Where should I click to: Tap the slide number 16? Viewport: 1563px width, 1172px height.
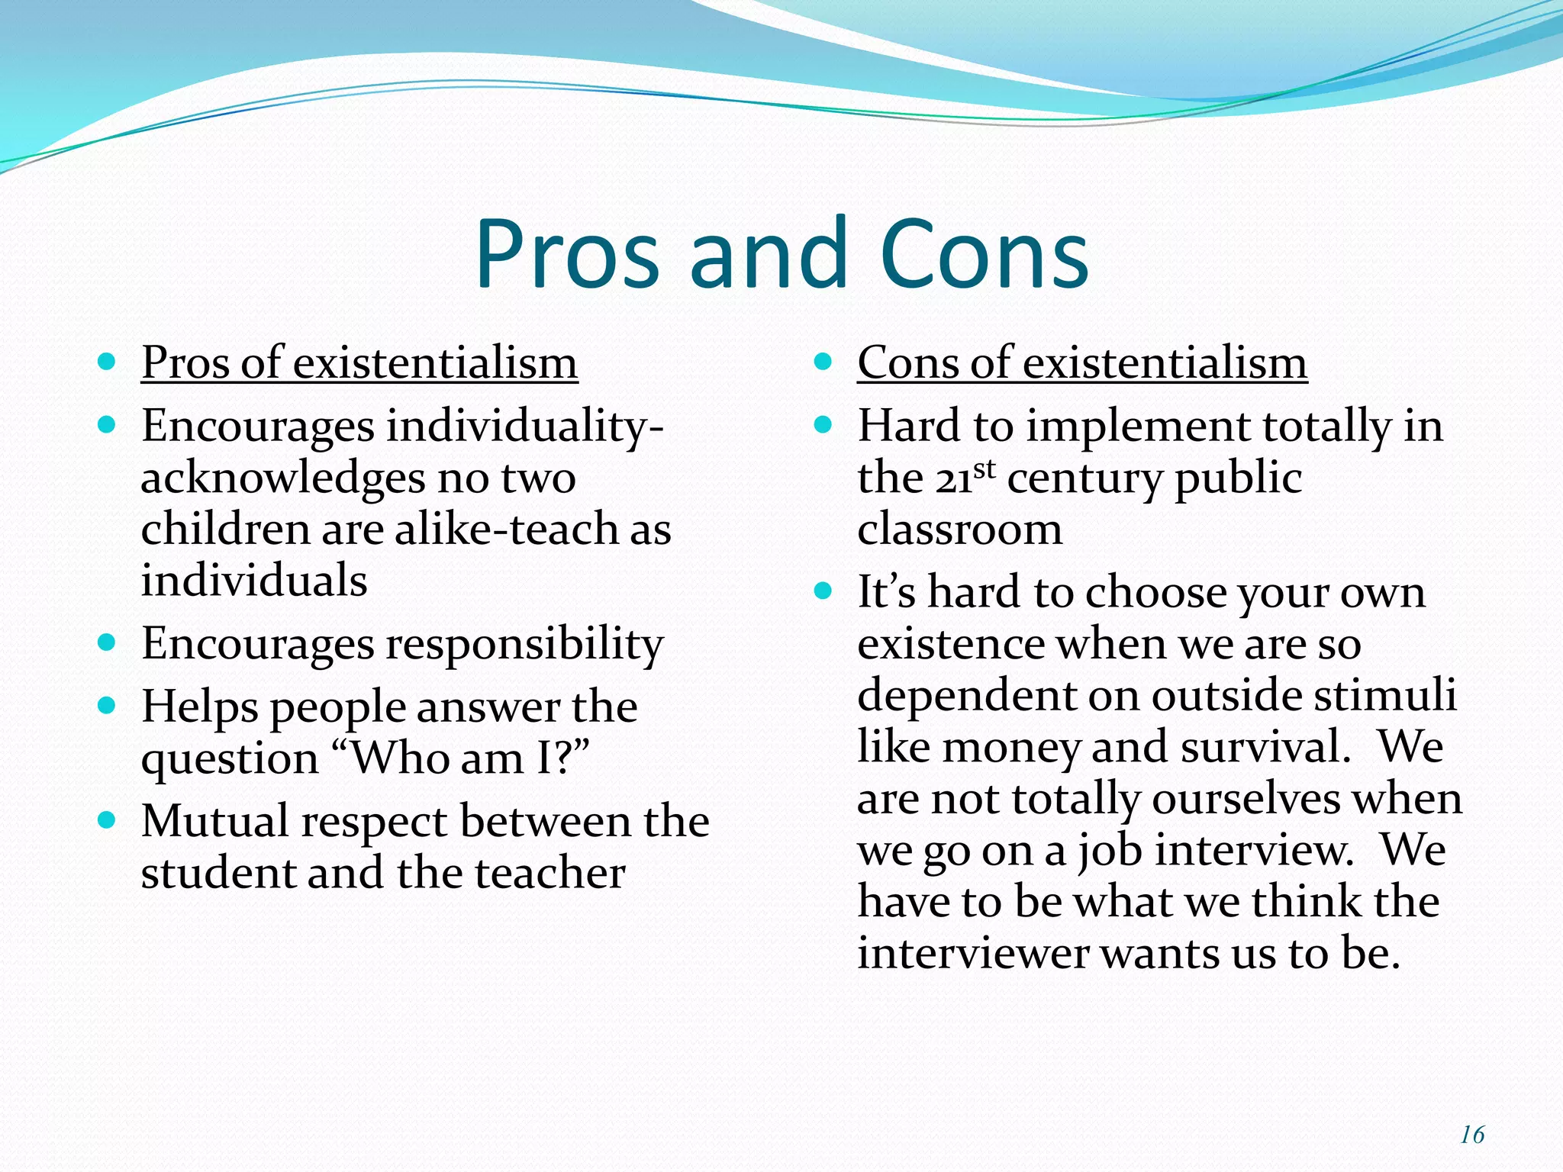click(1471, 1135)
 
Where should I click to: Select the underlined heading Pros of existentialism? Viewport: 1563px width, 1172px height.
click(359, 362)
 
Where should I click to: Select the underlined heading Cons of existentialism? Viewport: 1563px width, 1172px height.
click(1081, 362)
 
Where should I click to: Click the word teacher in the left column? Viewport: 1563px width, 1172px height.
click(549, 874)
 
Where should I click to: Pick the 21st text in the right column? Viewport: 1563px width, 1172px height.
click(965, 478)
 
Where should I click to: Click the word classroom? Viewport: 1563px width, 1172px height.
click(959, 530)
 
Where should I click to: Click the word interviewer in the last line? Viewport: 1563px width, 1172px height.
click(973, 954)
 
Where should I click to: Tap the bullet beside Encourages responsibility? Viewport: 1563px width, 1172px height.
click(107, 642)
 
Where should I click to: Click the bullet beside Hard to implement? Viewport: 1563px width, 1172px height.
click(822, 424)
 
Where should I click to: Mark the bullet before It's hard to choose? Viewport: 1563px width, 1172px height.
click(822, 591)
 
